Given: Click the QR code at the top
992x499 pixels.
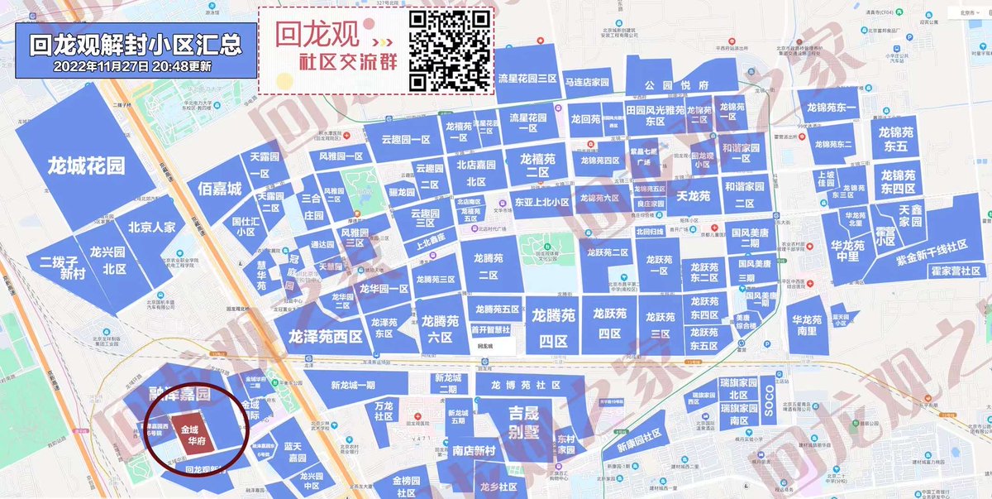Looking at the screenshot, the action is point(450,50).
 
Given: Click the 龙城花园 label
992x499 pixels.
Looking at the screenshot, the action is point(86,166).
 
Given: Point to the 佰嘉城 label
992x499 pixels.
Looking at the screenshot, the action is point(220,190).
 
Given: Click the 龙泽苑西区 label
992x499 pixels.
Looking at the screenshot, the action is point(326,337).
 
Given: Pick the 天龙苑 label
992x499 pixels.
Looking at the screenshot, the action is point(694,197).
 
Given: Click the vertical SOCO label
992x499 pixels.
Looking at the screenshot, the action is point(768,401).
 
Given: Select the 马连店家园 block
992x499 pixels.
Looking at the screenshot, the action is point(587,83).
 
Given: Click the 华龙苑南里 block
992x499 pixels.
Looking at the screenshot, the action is point(808,325).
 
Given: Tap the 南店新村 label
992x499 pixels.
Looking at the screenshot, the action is point(474,451).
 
